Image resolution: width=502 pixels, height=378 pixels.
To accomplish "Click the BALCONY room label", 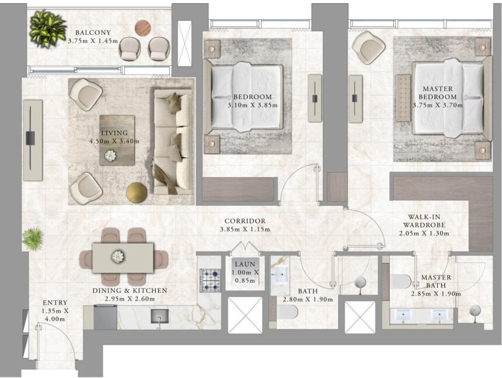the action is click(93, 33).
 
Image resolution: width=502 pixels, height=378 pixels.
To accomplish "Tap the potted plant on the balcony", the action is click(47, 29).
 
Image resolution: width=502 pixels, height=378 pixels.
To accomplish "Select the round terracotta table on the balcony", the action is click(143, 28).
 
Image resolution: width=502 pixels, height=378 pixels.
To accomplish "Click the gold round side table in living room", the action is click(137, 192).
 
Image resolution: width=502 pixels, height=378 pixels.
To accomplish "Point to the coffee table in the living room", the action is click(117, 140).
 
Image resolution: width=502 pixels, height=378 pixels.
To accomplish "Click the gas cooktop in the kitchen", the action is click(210, 281).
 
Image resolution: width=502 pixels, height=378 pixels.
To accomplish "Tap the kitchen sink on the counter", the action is click(159, 315).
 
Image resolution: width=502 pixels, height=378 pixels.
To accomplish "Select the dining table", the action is click(123, 258).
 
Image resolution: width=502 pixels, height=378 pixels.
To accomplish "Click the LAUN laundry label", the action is click(245, 264).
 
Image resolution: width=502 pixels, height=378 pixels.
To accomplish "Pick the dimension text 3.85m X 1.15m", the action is click(245, 229).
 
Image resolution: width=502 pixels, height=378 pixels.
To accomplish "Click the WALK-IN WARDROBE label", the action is click(424, 221).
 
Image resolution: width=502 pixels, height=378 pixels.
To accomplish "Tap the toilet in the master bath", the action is click(400, 281).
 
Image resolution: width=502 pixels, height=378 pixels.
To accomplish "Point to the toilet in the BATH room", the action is click(287, 312).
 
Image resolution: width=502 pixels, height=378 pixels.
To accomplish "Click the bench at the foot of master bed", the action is click(403, 98).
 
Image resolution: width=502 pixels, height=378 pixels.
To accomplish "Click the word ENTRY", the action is click(55, 303).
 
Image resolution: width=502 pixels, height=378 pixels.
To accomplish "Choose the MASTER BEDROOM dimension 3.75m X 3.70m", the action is click(437, 105).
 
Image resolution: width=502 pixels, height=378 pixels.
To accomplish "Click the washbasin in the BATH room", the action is click(281, 274).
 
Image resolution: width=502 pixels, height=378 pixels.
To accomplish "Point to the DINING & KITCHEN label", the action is click(130, 290).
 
